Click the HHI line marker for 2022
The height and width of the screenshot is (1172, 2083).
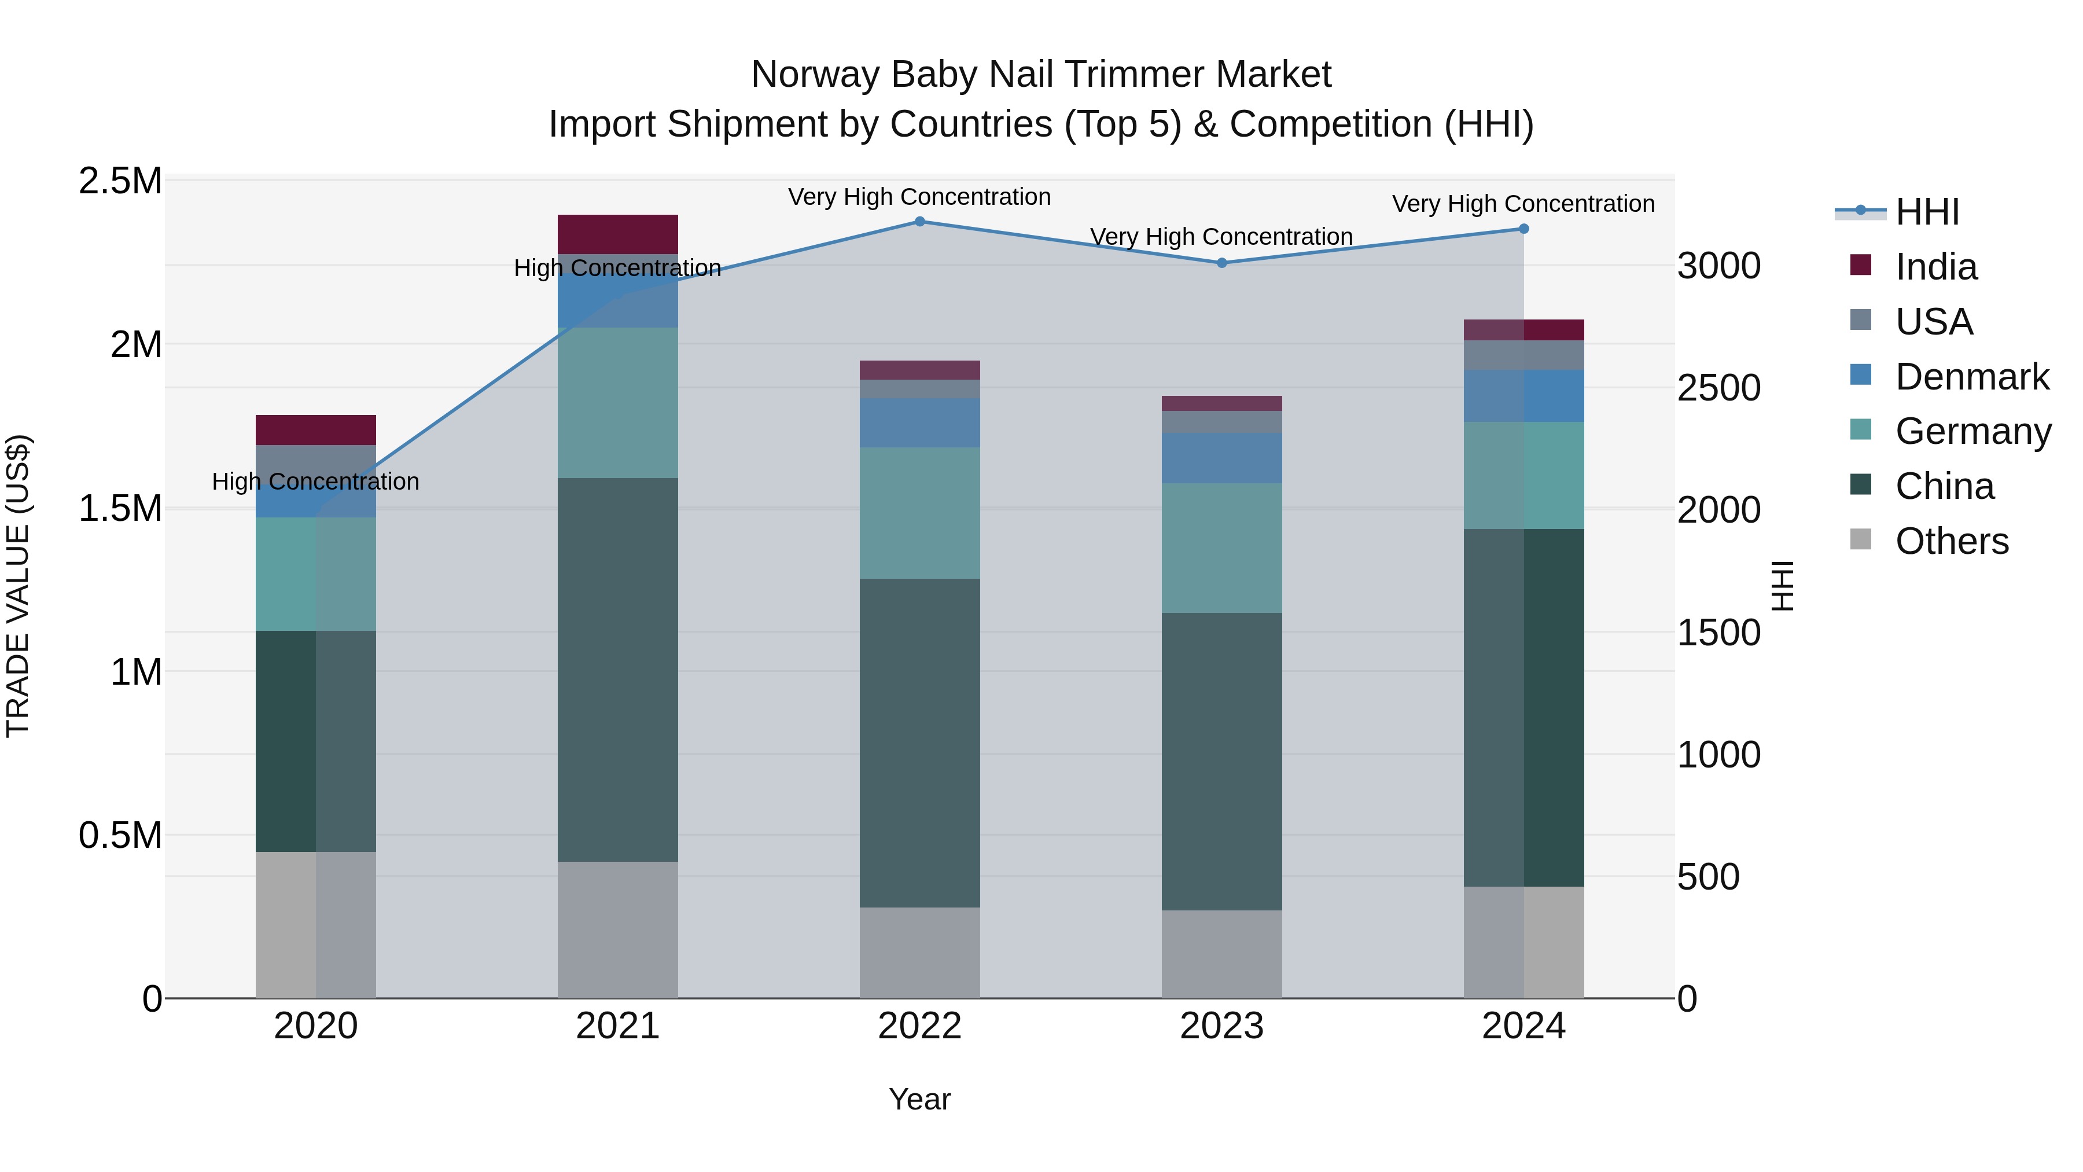click(919, 222)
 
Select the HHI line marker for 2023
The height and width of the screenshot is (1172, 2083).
click(1222, 263)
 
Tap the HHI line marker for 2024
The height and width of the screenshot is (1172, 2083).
click(1523, 229)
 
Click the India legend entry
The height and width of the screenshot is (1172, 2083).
click(1936, 267)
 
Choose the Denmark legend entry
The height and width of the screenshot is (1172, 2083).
click(1971, 377)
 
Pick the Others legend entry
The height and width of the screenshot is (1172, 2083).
click(1951, 541)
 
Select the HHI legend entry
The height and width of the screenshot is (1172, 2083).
click(1927, 212)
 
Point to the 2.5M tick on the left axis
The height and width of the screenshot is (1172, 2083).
click(120, 181)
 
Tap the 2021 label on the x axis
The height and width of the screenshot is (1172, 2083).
click(618, 1026)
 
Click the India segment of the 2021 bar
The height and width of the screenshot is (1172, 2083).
click(618, 234)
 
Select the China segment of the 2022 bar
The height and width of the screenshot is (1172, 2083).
click(919, 743)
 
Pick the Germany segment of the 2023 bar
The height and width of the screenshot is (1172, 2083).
click(1222, 548)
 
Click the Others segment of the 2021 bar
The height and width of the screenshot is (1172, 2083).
click(618, 929)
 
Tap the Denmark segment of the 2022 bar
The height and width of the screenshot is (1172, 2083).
click(919, 422)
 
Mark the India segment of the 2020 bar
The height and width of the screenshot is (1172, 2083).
click(315, 429)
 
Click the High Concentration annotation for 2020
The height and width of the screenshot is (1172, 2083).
click(315, 482)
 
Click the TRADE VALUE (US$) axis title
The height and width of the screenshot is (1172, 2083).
click(18, 586)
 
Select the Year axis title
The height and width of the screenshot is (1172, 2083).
click(919, 1099)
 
